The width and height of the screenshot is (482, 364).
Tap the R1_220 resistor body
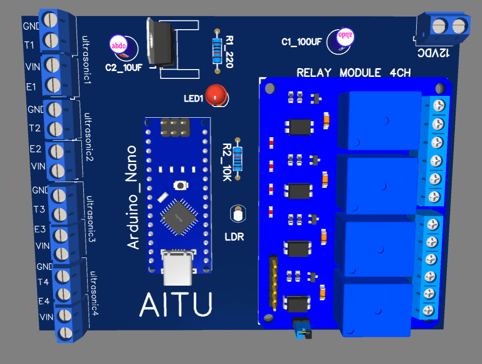217,50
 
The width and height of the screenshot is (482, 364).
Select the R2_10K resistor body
237,159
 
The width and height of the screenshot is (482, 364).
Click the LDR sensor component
238,214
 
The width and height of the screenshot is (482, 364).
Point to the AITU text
176,305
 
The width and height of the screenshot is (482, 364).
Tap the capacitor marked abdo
119,45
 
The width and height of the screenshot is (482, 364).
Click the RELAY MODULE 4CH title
354,73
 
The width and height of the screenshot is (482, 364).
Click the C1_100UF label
301,42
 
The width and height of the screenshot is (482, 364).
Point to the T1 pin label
29,45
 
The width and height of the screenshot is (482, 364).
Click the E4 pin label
44,301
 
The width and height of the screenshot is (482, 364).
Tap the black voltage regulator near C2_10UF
161,43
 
